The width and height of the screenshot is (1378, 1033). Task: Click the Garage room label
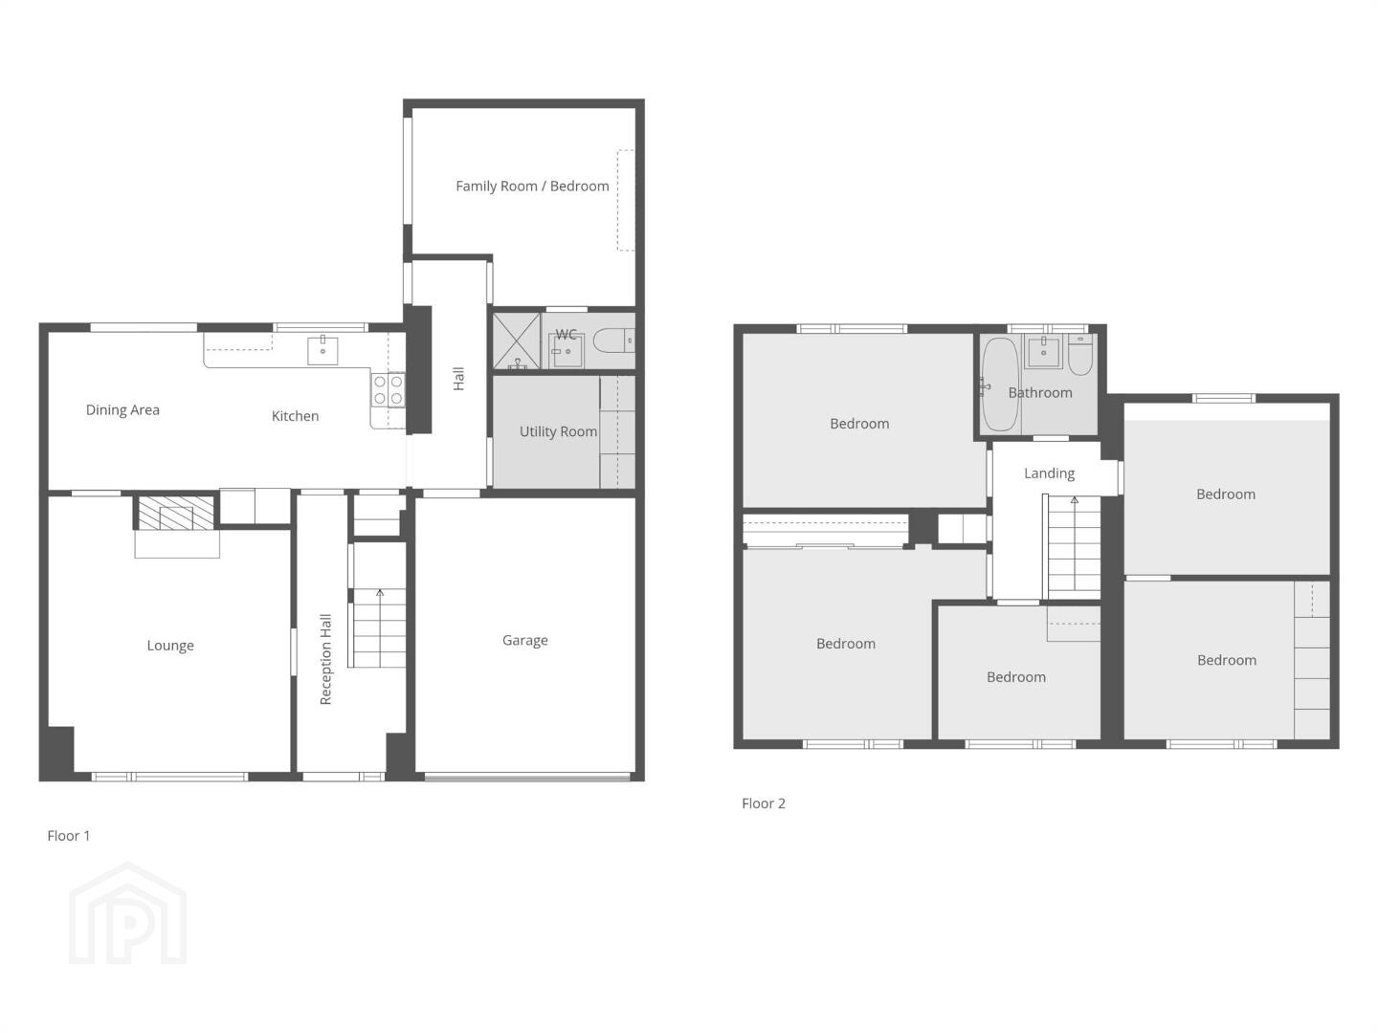click(x=524, y=641)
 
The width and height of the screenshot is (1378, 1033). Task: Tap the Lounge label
click(x=170, y=646)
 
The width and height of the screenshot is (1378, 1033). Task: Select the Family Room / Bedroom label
click(x=532, y=187)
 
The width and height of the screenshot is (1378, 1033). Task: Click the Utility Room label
click(x=558, y=431)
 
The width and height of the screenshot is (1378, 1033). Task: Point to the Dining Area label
click(x=122, y=410)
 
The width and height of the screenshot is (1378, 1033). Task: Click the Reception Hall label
click(x=325, y=659)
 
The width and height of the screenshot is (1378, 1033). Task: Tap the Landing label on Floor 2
click(x=1049, y=473)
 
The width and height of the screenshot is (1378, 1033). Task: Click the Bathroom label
click(x=1039, y=392)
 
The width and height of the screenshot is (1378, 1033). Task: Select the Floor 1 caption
click(x=69, y=836)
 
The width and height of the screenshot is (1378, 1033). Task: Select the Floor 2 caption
click(x=764, y=803)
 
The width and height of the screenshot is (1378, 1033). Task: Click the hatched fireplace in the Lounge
click(x=176, y=513)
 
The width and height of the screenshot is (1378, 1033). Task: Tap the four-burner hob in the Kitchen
click(x=388, y=390)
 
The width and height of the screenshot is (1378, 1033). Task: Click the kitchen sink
click(x=322, y=351)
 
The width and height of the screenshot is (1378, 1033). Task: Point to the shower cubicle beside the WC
click(x=516, y=341)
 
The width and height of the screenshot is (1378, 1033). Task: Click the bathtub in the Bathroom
click(x=1000, y=385)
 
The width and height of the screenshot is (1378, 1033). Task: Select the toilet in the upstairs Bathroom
click(x=1080, y=354)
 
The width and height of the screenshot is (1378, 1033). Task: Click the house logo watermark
click(x=128, y=913)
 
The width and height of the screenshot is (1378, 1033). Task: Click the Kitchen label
click(x=295, y=416)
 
